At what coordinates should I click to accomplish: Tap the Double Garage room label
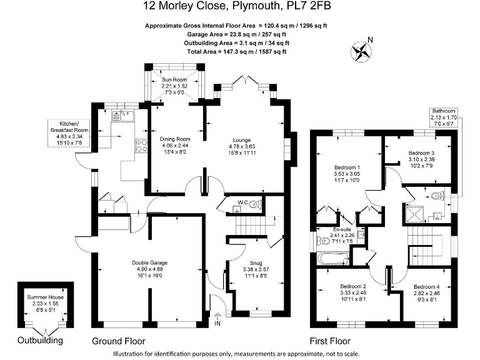[149, 262]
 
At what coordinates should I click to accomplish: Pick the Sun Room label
[174, 80]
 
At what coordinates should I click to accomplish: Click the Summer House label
[42, 298]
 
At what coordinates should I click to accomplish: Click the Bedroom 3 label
[421, 152]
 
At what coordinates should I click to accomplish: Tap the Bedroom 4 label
[427, 286]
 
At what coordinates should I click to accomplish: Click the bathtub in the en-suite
[332, 258]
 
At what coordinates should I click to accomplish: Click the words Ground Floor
[119, 341]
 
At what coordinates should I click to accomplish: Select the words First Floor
[330, 341]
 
